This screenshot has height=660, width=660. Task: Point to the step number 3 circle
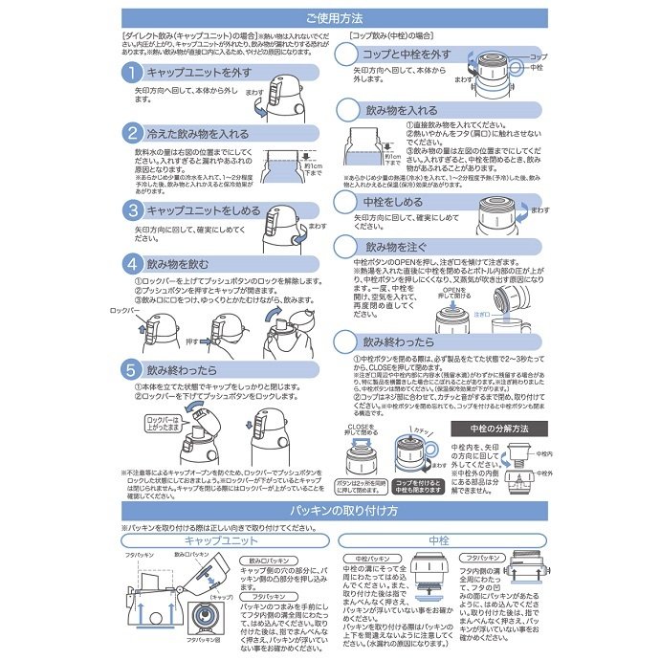click(x=132, y=209)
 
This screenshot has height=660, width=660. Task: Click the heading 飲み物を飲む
click(x=182, y=262)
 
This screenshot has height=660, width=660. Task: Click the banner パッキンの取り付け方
click(x=329, y=510)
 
